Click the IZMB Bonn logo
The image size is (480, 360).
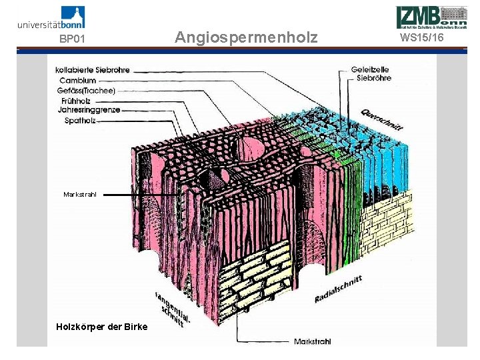pyautogui.click(x=431, y=16)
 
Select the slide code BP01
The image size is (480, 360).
pyautogui.click(x=73, y=39)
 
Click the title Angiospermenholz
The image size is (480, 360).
pyautogui.click(x=246, y=37)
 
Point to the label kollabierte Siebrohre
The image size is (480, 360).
pyautogui.click(x=93, y=69)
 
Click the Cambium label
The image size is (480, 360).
pyautogui.click(x=77, y=80)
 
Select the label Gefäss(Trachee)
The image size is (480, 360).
pyautogui.click(x=87, y=90)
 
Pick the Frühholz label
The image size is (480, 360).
pyautogui.click(x=75, y=100)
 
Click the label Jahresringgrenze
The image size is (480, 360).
pyautogui.click(x=89, y=110)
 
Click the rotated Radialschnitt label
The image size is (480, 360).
pyautogui.click(x=338, y=290)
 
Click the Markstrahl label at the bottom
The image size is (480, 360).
pyautogui.click(x=312, y=341)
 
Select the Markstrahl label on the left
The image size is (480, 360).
pyautogui.click(x=80, y=194)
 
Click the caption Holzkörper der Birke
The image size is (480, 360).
pyautogui.click(x=102, y=326)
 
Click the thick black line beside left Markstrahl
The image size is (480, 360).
pyautogui.click(x=141, y=195)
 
